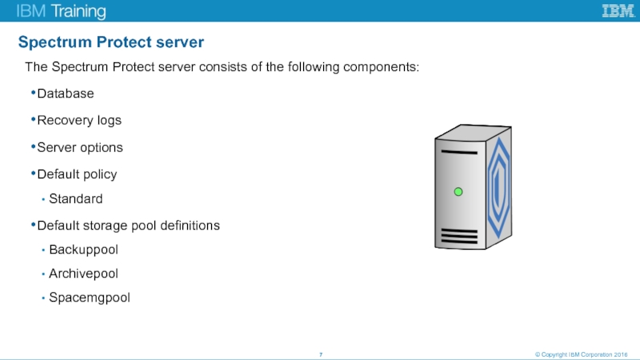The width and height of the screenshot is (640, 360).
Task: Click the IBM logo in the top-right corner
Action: click(618, 10)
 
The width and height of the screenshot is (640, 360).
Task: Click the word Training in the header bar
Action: click(78, 11)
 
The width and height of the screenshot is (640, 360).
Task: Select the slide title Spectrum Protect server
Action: click(111, 42)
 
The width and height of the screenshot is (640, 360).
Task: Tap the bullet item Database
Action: click(66, 94)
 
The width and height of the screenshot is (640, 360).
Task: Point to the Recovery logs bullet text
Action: click(79, 121)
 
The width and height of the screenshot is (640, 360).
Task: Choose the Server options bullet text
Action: click(80, 147)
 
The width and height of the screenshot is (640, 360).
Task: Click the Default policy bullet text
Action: click(77, 174)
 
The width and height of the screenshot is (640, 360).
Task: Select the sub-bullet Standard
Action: click(75, 198)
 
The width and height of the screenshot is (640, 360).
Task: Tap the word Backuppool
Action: click(83, 250)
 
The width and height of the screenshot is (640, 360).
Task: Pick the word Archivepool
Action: click(83, 274)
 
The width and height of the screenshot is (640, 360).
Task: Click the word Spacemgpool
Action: click(90, 298)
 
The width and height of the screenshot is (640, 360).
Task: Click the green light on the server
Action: click(458, 191)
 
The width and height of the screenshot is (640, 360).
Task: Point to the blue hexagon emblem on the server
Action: click(498, 187)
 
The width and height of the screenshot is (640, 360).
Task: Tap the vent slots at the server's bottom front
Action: click(459, 236)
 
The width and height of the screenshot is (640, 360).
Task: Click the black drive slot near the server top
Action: click(459, 152)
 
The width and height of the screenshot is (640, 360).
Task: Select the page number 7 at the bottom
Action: click(321, 354)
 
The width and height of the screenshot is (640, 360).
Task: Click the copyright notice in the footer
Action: click(582, 354)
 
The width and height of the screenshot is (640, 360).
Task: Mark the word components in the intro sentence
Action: click(382, 67)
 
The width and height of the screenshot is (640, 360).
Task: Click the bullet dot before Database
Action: click(33, 93)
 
